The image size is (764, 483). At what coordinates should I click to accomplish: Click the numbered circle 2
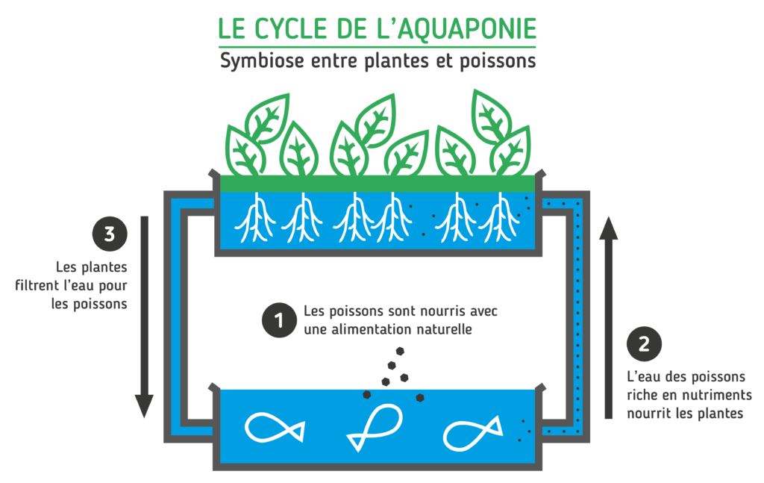click(x=643, y=345)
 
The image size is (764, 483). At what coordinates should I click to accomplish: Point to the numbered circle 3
click(x=110, y=234)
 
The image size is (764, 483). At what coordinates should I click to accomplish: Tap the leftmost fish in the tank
click(x=274, y=428)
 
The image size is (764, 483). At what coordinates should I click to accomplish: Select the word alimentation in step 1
click(x=371, y=329)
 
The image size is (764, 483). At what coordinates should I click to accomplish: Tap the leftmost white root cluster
click(x=254, y=218)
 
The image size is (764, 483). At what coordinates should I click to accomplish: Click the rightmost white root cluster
click(x=499, y=218)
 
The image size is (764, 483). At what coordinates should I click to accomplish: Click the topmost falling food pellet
click(x=401, y=350)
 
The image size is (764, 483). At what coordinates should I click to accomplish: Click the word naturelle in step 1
click(x=445, y=329)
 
